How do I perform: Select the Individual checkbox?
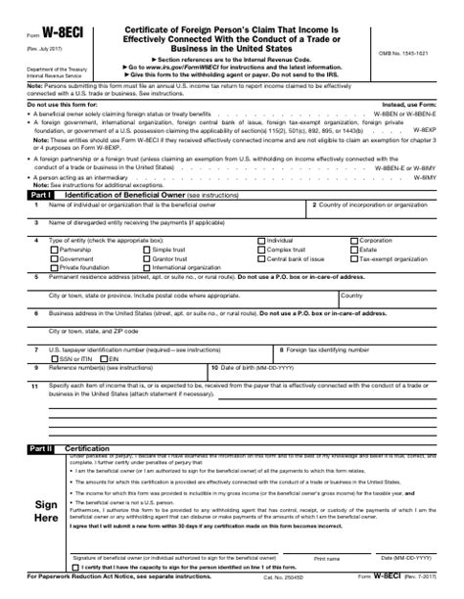261,240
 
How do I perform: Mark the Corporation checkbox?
355,240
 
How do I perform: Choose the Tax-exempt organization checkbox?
355,257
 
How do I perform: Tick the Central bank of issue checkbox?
261,257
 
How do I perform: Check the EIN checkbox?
104,359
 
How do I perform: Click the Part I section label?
42,196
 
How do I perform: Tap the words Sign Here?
46,510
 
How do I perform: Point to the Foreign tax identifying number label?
333,349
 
